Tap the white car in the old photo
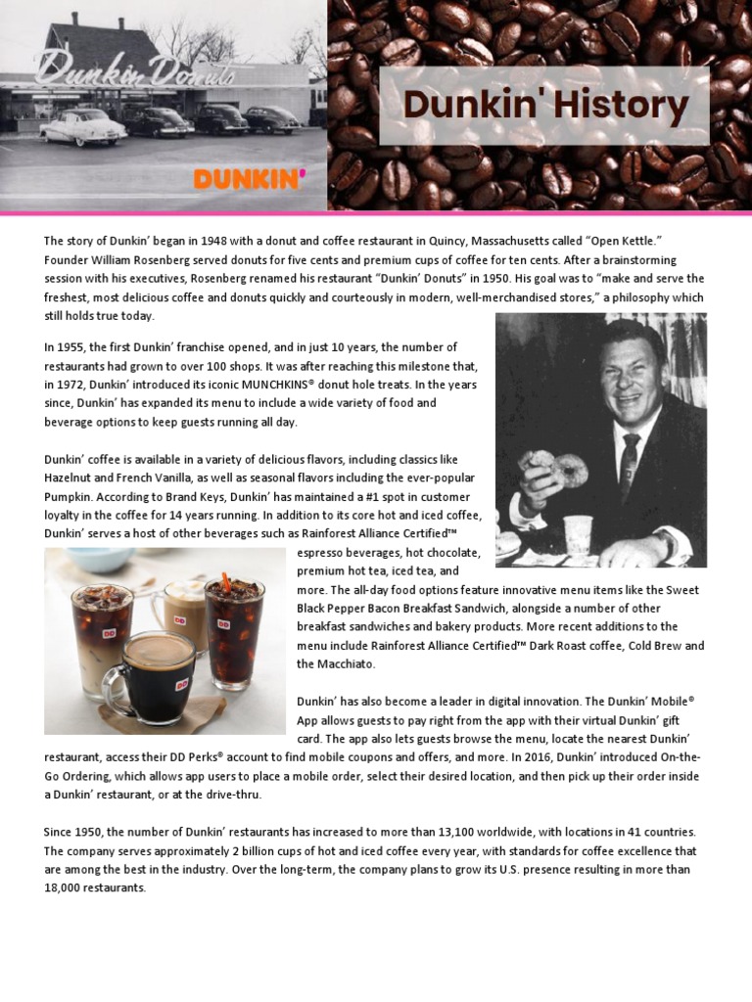[x=83, y=128]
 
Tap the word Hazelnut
[x=71, y=478]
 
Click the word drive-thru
[x=233, y=795]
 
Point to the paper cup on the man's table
[x=579, y=534]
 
